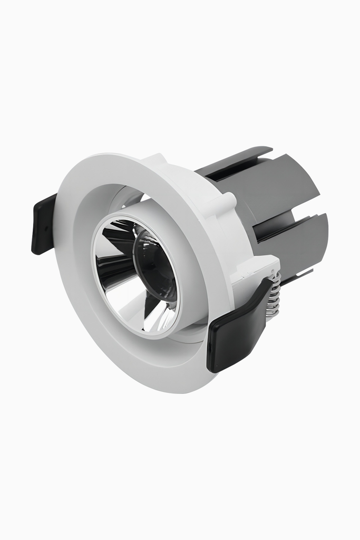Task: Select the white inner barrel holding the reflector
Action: (192, 295)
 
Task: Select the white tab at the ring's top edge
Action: (155, 159)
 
